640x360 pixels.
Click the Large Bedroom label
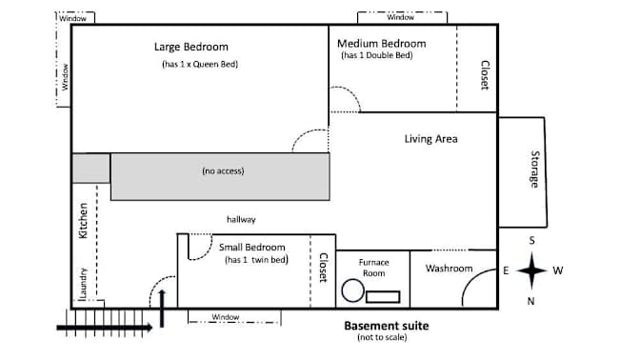coord(191,47)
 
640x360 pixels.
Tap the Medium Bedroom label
coord(382,43)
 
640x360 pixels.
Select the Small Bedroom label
coord(251,247)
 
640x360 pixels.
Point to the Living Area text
coord(431,139)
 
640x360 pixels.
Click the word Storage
coord(534,169)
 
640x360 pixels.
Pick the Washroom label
coord(449,269)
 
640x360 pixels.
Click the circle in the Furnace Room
coord(352,290)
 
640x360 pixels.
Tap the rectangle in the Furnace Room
coord(383,297)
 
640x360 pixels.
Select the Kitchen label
coord(83,220)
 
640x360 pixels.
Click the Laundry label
coord(83,283)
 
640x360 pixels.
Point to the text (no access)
coord(223,170)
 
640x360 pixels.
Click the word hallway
coord(241,219)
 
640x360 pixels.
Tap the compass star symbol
coord(531,270)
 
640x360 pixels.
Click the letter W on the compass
coord(558,270)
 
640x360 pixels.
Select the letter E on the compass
coord(506,270)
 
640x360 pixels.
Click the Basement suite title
coord(386,326)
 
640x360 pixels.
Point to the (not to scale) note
coord(382,337)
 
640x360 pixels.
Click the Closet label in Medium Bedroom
coord(485,75)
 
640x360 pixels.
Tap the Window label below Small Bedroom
coord(226,317)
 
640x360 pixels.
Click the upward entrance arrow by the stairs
coord(162,309)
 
